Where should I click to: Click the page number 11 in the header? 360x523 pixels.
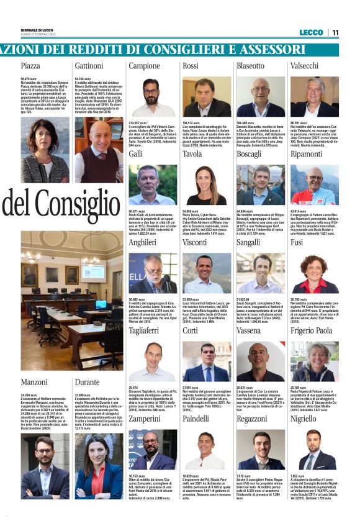[335, 32]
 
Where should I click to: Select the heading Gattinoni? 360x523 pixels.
[89, 65]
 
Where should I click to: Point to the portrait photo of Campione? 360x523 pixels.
[152, 98]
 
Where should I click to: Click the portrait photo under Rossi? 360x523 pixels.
[206, 98]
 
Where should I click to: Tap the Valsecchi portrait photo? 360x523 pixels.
[314, 98]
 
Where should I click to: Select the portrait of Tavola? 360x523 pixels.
[206, 185]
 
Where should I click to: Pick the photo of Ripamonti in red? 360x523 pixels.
[314, 185]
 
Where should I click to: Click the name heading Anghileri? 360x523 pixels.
[143, 242]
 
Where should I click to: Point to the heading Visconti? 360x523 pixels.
[195, 242]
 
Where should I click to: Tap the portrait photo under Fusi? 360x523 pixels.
[314, 273]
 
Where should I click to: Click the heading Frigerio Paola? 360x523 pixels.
[311, 330]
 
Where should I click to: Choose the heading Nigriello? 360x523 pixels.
[304, 419]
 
